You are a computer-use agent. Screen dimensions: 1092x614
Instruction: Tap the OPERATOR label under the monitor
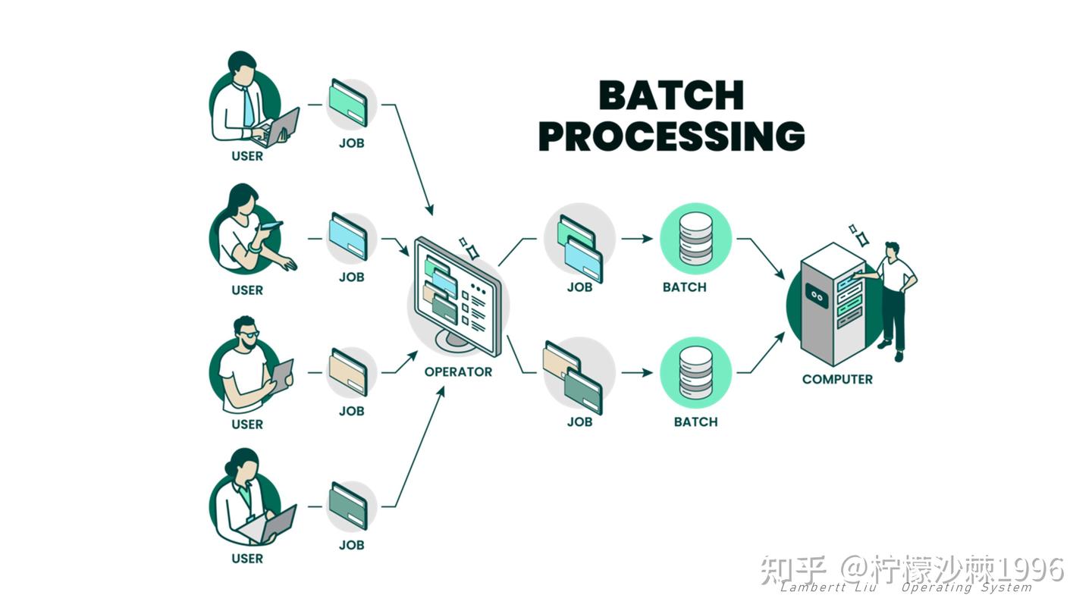[x=458, y=371]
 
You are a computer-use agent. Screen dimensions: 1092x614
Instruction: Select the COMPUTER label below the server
[x=837, y=379]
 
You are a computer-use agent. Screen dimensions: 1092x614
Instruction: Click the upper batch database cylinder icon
[x=695, y=239]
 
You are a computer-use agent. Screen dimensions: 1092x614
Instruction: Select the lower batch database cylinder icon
[x=695, y=373]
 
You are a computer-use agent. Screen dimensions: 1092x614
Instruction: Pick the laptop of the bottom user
[x=269, y=526]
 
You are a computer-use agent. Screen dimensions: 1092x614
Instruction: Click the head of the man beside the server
[x=892, y=249]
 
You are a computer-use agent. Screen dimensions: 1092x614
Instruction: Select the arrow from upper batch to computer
[x=761, y=258]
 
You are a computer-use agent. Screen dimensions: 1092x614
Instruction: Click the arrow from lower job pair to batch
[x=637, y=373]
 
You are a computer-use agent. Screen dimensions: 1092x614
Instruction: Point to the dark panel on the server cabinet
[x=817, y=296]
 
